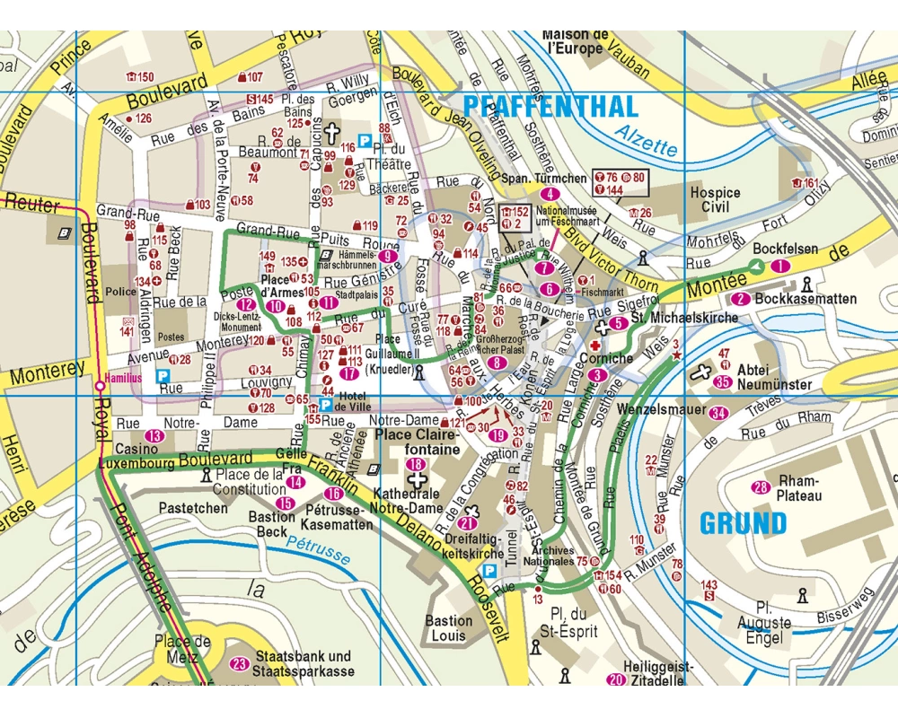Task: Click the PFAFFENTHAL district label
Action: click(x=550, y=106)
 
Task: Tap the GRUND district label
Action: click(x=743, y=522)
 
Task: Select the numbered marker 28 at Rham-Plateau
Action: click(x=761, y=487)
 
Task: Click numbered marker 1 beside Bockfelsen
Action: click(x=779, y=266)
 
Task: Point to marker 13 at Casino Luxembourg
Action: click(x=156, y=435)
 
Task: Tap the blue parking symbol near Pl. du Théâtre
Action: click(x=365, y=140)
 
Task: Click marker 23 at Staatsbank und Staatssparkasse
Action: click(x=239, y=664)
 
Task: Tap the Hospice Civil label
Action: click(x=715, y=199)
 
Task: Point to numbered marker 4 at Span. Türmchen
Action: click(x=550, y=194)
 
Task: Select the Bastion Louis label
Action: click(x=448, y=628)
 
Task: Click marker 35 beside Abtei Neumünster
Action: click(x=722, y=382)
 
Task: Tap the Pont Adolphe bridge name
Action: click(x=144, y=556)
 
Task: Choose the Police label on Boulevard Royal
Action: click(x=119, y=293)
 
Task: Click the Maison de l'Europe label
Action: click(x=577, y=41)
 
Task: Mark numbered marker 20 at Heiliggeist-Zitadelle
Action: click(x=615, y=679)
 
